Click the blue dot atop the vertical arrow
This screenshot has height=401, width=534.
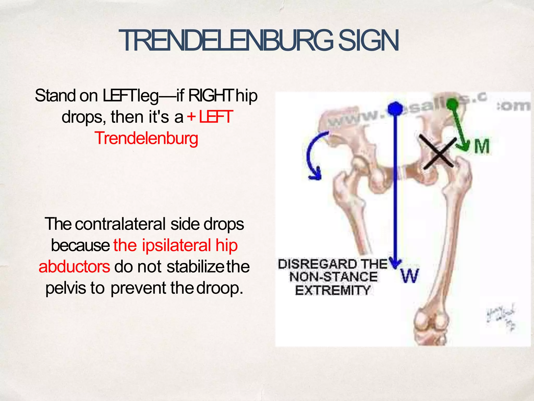click(x=395, y=109)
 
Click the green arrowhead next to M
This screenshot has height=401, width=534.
click(x=465, y=146)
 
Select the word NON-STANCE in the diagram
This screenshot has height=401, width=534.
click(x=333, y=277)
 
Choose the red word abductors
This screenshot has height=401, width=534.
click(x=74, y=267)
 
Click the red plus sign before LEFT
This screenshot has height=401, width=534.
click(x=191, y=117)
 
